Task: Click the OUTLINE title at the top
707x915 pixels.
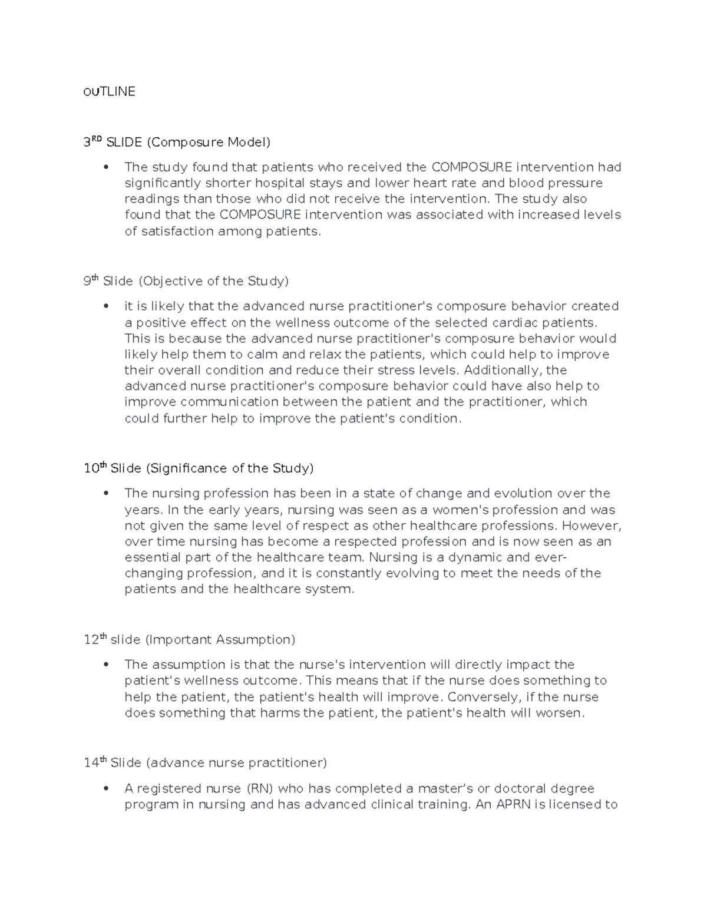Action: [x=109, y=91]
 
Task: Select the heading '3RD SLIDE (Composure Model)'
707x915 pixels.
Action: [x=177, y=142]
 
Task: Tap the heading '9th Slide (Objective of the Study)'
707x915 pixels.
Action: [x=186, y=281]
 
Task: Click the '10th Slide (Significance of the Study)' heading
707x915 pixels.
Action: [x=199, y=468]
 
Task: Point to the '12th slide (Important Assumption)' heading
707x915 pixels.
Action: [x=189, y=639]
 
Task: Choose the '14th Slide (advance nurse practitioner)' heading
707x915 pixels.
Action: [x=205, y=763]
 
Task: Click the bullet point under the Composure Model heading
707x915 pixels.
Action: [x=106, y=167]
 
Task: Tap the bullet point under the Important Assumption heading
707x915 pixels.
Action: [x=106, y=665]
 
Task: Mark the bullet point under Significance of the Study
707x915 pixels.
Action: [x=106, y=494]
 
